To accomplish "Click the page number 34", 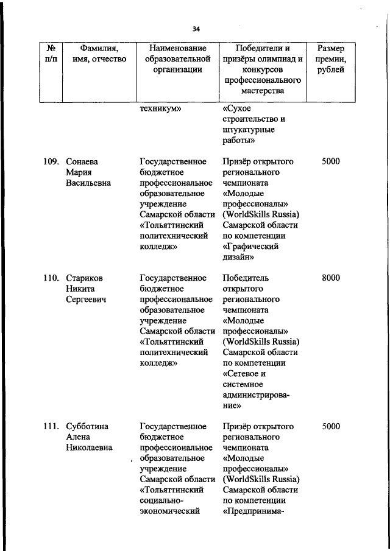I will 196,29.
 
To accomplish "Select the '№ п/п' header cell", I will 51,54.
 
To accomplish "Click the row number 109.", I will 51,162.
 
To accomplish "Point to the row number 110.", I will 51,278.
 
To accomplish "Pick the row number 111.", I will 51,427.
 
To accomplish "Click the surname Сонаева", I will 82,162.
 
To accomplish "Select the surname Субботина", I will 87,427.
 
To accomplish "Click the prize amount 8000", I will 331,278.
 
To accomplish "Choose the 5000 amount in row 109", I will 331,162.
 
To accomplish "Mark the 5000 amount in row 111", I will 331,427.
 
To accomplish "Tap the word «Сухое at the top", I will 238,108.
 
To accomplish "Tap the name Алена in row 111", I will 78,437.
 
